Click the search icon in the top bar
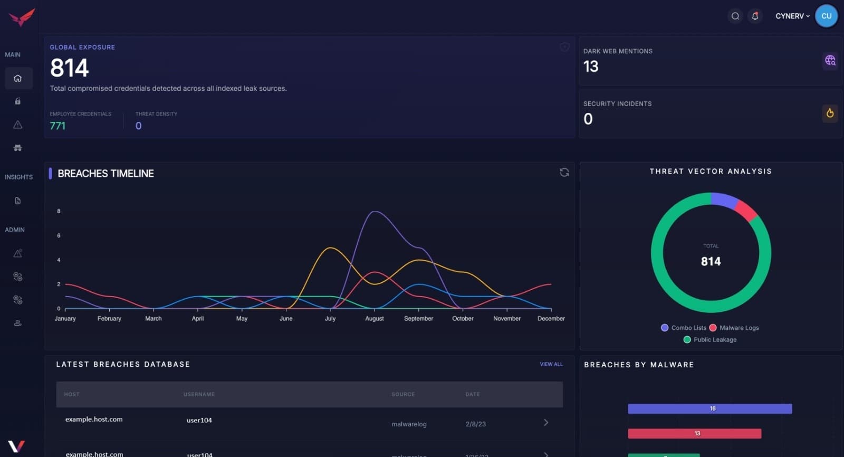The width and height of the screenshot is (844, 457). point(735,16)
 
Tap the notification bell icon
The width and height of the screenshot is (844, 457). point(755,16)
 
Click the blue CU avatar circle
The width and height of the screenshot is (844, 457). point(826,16)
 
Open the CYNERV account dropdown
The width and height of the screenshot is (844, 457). point(792,16)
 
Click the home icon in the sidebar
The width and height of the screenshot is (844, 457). point(18,78)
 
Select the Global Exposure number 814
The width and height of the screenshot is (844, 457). point(69,68)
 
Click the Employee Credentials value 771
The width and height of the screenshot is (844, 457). point(57,126)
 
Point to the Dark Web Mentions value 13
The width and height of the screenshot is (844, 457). point(591,66)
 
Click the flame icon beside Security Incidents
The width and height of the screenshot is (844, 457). point(830,113)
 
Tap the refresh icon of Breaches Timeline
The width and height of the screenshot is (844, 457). point(564,173)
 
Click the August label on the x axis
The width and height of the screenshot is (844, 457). point(374,319)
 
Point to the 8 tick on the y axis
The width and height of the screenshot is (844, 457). point(59,211)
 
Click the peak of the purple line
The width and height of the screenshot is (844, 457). point(375,212)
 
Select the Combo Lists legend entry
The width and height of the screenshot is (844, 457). point(684,328)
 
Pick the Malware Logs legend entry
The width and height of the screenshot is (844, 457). point(734,328)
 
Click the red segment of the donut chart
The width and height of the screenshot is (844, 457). point(747,210)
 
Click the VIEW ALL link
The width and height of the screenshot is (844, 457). point(551,364)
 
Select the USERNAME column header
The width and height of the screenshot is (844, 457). point(199,394)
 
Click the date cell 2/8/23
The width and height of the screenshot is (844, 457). point(475,424)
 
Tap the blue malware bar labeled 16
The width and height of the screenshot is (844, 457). point(709,408)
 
